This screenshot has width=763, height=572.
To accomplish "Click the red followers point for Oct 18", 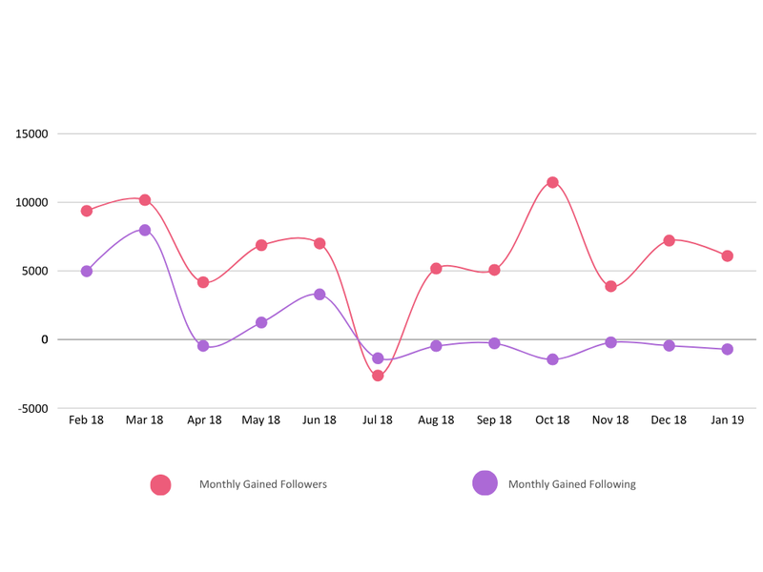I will (552, 182).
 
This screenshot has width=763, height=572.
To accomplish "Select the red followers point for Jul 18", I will (378, 376).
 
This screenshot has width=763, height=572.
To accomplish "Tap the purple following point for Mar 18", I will (145, 230).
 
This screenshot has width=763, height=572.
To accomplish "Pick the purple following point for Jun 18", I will (320, 295).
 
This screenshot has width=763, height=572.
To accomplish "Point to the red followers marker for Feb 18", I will (87, 211).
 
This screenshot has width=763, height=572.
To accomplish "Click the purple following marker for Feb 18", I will (87, 271).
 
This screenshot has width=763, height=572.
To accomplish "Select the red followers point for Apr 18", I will (203, 282).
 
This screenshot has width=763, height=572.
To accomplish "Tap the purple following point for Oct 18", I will (552, 359).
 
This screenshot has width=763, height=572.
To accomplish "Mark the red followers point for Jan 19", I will (728, 255).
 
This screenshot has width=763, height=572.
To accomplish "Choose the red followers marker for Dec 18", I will (670, 240).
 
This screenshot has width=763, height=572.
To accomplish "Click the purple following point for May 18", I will (261, 322).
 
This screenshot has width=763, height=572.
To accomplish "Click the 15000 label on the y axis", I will (31, 134).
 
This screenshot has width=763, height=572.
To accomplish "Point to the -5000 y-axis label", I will (31, 409).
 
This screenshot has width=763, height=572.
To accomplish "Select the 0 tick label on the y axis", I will (44, 340).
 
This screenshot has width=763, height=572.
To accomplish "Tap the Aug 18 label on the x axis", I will (436, 420).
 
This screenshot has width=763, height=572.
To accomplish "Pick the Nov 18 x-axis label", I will (610, 420).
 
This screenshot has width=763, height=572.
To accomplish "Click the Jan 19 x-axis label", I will (727, 420).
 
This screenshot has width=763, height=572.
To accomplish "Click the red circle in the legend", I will (160, 484).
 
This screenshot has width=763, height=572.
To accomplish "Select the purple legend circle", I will (485, 483).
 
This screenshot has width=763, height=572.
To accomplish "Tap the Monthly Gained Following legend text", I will (571, 484).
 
